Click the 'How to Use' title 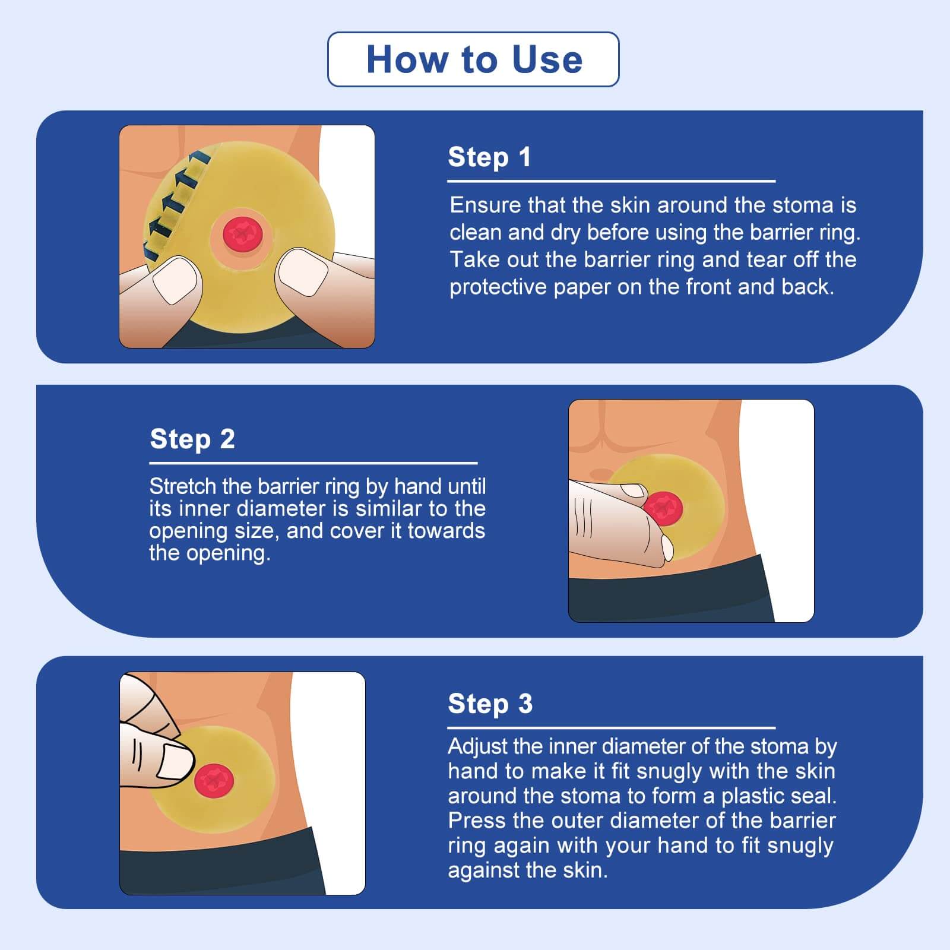click(x=474, y=60)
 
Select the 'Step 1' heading click(x=489, y=157)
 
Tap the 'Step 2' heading click(x=192, y=439)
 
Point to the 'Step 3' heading click(x=490, y=704)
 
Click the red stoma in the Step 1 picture click(x=242, y=233)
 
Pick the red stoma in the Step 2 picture click(x=664, y=508)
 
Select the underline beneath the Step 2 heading click(x=313, y=463)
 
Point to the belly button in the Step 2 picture click(x=601, y=474)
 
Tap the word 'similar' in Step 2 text click(x=381, y=509)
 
